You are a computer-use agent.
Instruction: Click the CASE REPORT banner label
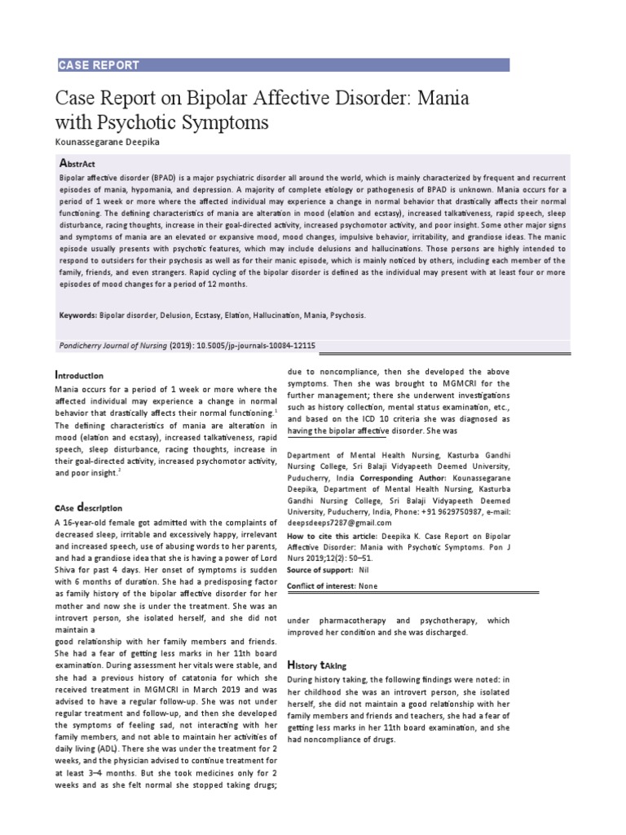coord(99,65)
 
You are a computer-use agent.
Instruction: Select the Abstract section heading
coord(78,164)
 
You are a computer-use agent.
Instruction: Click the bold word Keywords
coord(78,314)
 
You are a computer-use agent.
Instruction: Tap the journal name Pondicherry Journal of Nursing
coord(113,346)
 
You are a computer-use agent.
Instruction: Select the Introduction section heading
coord(79,375)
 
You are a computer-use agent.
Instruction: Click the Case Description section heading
coord(88,507)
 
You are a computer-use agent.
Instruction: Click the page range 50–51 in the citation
coord(386,560)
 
